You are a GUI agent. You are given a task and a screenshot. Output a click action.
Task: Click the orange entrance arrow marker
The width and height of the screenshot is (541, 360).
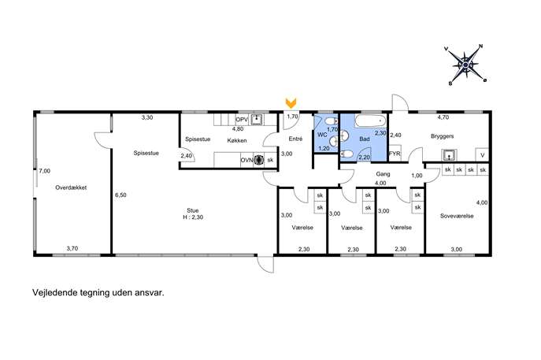[x=291, y=102]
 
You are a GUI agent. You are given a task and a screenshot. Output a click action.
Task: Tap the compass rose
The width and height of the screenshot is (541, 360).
[x=465, y=65]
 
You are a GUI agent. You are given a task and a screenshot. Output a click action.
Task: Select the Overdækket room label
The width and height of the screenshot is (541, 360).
[x=71, y=187]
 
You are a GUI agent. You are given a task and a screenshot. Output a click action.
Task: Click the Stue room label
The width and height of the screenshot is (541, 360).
[x=193, y=210]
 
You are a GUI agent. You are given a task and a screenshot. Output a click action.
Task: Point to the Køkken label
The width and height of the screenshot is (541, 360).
[x=237, y=140]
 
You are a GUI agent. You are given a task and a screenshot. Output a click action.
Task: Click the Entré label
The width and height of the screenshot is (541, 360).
[x=295, y=139]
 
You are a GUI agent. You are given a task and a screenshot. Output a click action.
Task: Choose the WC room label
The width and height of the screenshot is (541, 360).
[x=322, y=135]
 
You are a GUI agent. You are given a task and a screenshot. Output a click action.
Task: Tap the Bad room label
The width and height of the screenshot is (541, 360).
[x=365, y=139]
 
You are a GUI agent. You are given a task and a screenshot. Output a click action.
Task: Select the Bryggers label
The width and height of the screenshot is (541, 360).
[x=442, y=136]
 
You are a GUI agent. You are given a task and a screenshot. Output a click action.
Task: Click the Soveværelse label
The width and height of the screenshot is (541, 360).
[x=457, y=216]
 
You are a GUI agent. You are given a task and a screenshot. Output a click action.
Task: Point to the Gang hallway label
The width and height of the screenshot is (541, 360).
[x=383, y=174]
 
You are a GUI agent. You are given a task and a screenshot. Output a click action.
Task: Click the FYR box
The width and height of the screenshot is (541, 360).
[x=395, y=154]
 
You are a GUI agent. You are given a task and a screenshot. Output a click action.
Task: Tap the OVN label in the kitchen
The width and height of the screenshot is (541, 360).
[x=246, y=160]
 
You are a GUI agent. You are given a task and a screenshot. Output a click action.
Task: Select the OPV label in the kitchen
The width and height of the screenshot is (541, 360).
[x=242, y=120]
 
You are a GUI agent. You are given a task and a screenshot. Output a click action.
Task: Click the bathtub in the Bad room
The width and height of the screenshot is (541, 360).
[x=371, y=121]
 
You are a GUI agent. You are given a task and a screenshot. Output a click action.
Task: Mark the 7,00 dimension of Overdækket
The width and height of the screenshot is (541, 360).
[x=45, y=171]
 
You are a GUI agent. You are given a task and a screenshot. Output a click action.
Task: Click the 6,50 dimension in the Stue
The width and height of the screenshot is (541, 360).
[x=120, y=195]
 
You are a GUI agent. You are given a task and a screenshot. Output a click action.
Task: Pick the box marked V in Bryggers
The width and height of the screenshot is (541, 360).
[x=482, y=154]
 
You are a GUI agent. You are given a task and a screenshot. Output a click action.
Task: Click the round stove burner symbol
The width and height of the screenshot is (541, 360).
[x=258, y=160]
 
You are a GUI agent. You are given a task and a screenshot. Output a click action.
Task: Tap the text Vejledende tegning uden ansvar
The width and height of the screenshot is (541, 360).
[x=98, y=293]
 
